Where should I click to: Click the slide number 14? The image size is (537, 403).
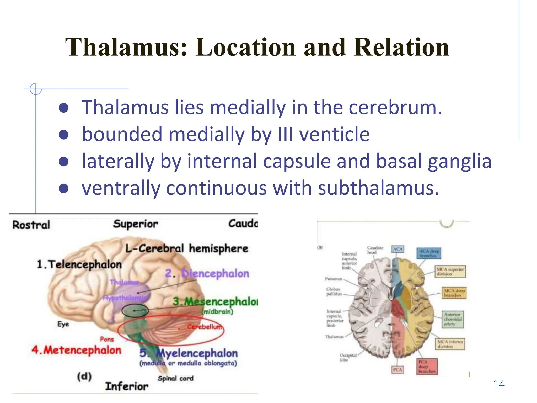499,384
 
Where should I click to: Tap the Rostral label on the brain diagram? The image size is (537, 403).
31,225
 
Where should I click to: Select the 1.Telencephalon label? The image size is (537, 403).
79,264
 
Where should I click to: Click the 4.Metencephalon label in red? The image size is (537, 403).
76,350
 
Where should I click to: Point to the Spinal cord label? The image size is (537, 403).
175,378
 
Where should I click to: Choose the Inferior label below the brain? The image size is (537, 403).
127,386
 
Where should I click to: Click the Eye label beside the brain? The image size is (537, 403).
63,324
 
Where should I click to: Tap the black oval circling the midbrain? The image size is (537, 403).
135,311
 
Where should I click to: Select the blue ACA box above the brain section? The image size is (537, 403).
398,249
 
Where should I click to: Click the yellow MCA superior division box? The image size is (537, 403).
450,272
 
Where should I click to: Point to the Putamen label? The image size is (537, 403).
334,279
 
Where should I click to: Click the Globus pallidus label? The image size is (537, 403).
334,291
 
